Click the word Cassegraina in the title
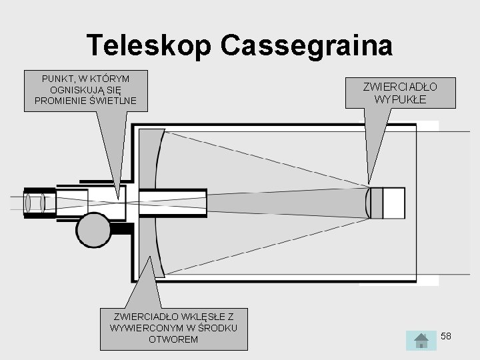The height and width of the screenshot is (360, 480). click(307, 45)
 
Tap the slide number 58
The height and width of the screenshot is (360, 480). click(446, 336)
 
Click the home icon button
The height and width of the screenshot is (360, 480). click(421, 340)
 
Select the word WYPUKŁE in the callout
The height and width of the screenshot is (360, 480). click(400, 99)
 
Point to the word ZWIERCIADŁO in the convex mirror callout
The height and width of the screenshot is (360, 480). click(400, 87)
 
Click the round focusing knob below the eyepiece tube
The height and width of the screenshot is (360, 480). click(93, 230)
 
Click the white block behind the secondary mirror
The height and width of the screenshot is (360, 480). click(394, 203)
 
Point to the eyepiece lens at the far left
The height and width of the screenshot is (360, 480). click(33, 203)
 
